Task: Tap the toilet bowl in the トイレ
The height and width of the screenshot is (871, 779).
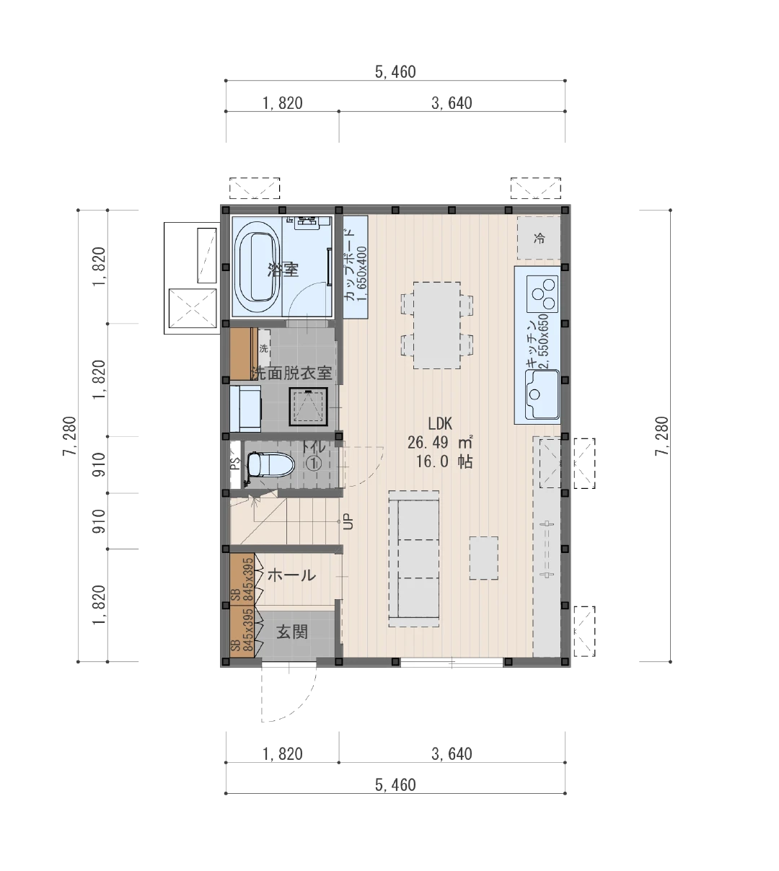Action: point(270,465)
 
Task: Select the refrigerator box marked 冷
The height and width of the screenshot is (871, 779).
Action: point(539,238)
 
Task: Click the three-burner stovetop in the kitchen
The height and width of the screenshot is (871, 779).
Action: point(542,294)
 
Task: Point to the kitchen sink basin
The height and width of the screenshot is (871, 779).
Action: point(542,394)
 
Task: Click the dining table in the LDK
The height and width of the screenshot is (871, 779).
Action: point(436,325)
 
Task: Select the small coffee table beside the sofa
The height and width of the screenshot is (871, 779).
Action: point(483,558)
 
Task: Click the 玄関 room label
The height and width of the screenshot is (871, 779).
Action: point(292,632)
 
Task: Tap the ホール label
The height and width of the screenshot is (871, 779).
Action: point(291,575)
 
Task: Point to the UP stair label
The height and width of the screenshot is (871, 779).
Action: point(348,522)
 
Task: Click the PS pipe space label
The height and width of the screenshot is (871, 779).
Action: point(234,463)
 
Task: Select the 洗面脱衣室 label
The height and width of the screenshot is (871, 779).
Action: point(291,373)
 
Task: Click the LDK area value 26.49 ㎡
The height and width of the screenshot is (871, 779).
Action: point(440,443)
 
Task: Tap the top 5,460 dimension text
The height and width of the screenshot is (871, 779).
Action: point(395,72)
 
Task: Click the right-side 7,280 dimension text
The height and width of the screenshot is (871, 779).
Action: point(661,436)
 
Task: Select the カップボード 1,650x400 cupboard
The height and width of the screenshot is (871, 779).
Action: point(356,267)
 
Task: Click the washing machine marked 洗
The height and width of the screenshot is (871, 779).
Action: point(264,348)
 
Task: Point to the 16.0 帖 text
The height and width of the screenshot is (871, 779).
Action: point(444,461)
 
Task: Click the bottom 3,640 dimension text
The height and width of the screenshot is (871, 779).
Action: point(452,753)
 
